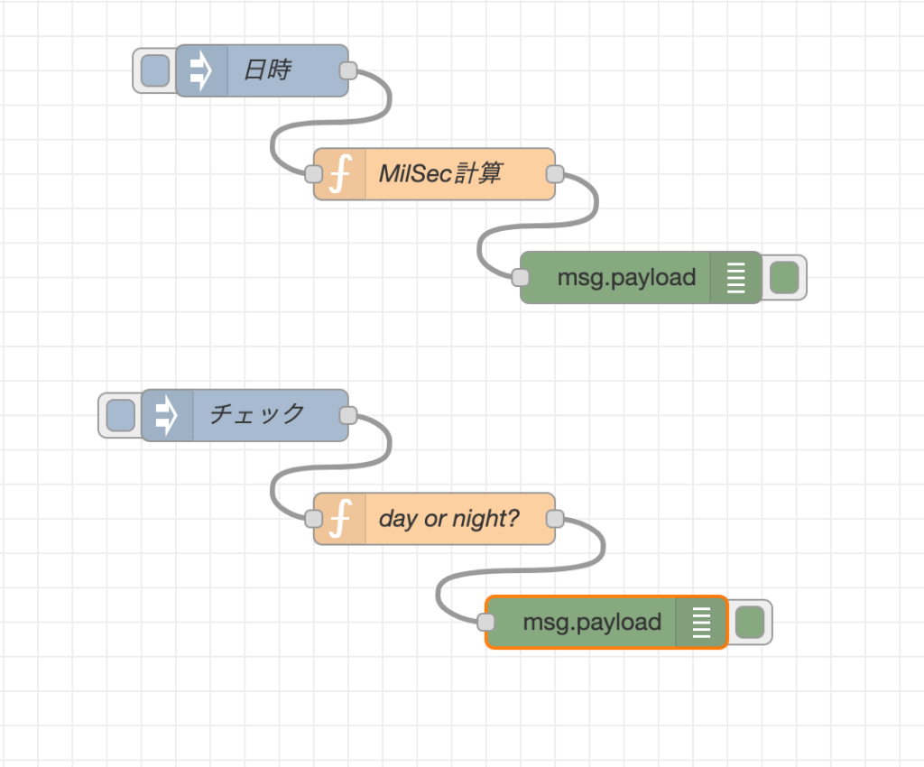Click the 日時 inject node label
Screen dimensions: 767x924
click(x=267, y=70)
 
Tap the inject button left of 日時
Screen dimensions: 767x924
click(x=154, y=70)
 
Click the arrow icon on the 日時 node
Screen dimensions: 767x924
click(x=201, y=70)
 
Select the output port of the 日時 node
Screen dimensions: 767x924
click(x=347, y=71)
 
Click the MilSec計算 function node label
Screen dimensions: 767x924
click(x=439, y=174)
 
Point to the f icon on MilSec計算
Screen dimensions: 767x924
click(x=339, y=174)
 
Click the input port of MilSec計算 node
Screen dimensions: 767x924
click(x=314, y=174)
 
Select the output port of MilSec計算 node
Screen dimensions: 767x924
click(x=555, y=174)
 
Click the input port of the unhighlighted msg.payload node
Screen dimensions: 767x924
click(x=521, y=278)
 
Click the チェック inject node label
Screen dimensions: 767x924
click(x=257, y=415)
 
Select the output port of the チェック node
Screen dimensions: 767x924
click(x=347, y=416)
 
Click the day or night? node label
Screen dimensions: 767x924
click(x=449, y=519)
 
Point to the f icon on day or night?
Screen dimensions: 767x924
click(x=339, y=519)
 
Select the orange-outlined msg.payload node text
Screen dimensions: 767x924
click(x=592, y=622)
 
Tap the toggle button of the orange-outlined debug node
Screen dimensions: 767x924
click(x=750, y=622)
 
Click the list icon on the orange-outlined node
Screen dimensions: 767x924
click(x=701, y=622)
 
